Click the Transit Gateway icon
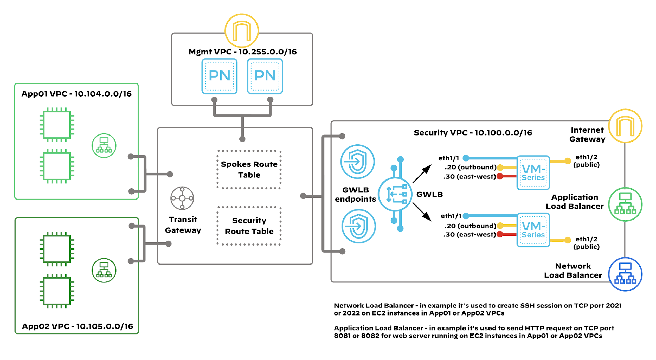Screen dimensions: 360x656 [182, 198]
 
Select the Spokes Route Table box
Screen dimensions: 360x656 [249, 170]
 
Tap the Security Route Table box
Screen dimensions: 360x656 [249, 226]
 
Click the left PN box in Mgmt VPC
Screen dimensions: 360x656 [219, 76]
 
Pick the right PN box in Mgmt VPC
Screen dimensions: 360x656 [265, 76]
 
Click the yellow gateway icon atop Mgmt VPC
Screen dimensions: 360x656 [242, 31]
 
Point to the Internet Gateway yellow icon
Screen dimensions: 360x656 [625, 126]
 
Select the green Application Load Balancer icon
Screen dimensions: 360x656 [625, 204]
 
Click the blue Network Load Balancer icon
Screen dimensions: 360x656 [625, 274]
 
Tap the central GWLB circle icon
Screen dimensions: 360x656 [395, 194]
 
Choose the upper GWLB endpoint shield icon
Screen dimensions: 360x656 [357, 162]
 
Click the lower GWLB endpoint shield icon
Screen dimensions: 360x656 [358, 226]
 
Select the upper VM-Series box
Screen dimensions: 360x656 [533, 173]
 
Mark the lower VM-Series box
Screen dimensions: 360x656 [533, 230]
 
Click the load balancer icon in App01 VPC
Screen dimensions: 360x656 [104, 146]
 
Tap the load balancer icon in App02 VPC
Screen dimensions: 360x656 [104, 270]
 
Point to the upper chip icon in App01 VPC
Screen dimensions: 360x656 [57, 125]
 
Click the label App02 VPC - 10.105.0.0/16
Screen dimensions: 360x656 [77, 326]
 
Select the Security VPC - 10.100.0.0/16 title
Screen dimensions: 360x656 [473, 133]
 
